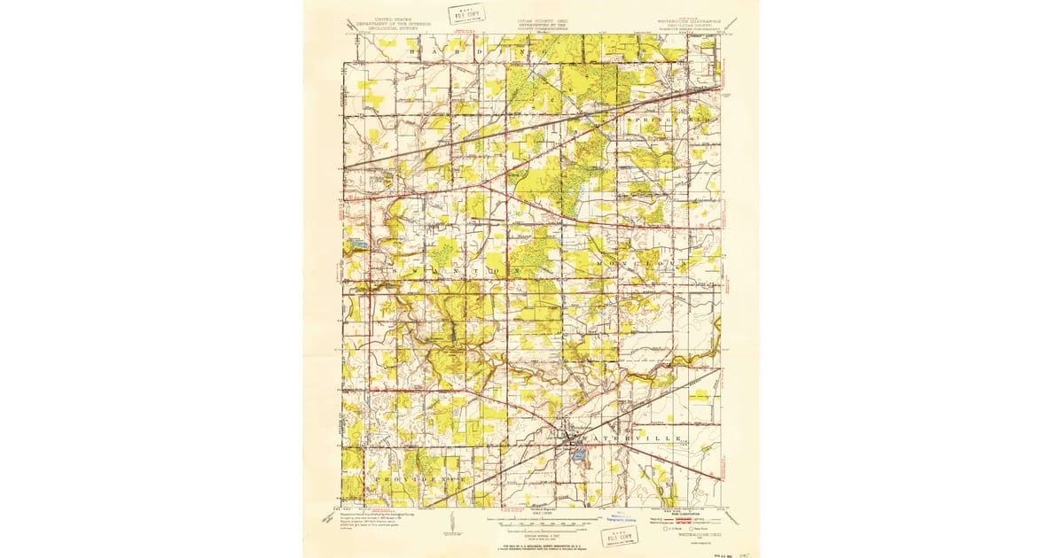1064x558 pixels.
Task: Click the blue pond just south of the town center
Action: click(578, 456)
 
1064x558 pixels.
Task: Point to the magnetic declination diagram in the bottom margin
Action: click(451, 527)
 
